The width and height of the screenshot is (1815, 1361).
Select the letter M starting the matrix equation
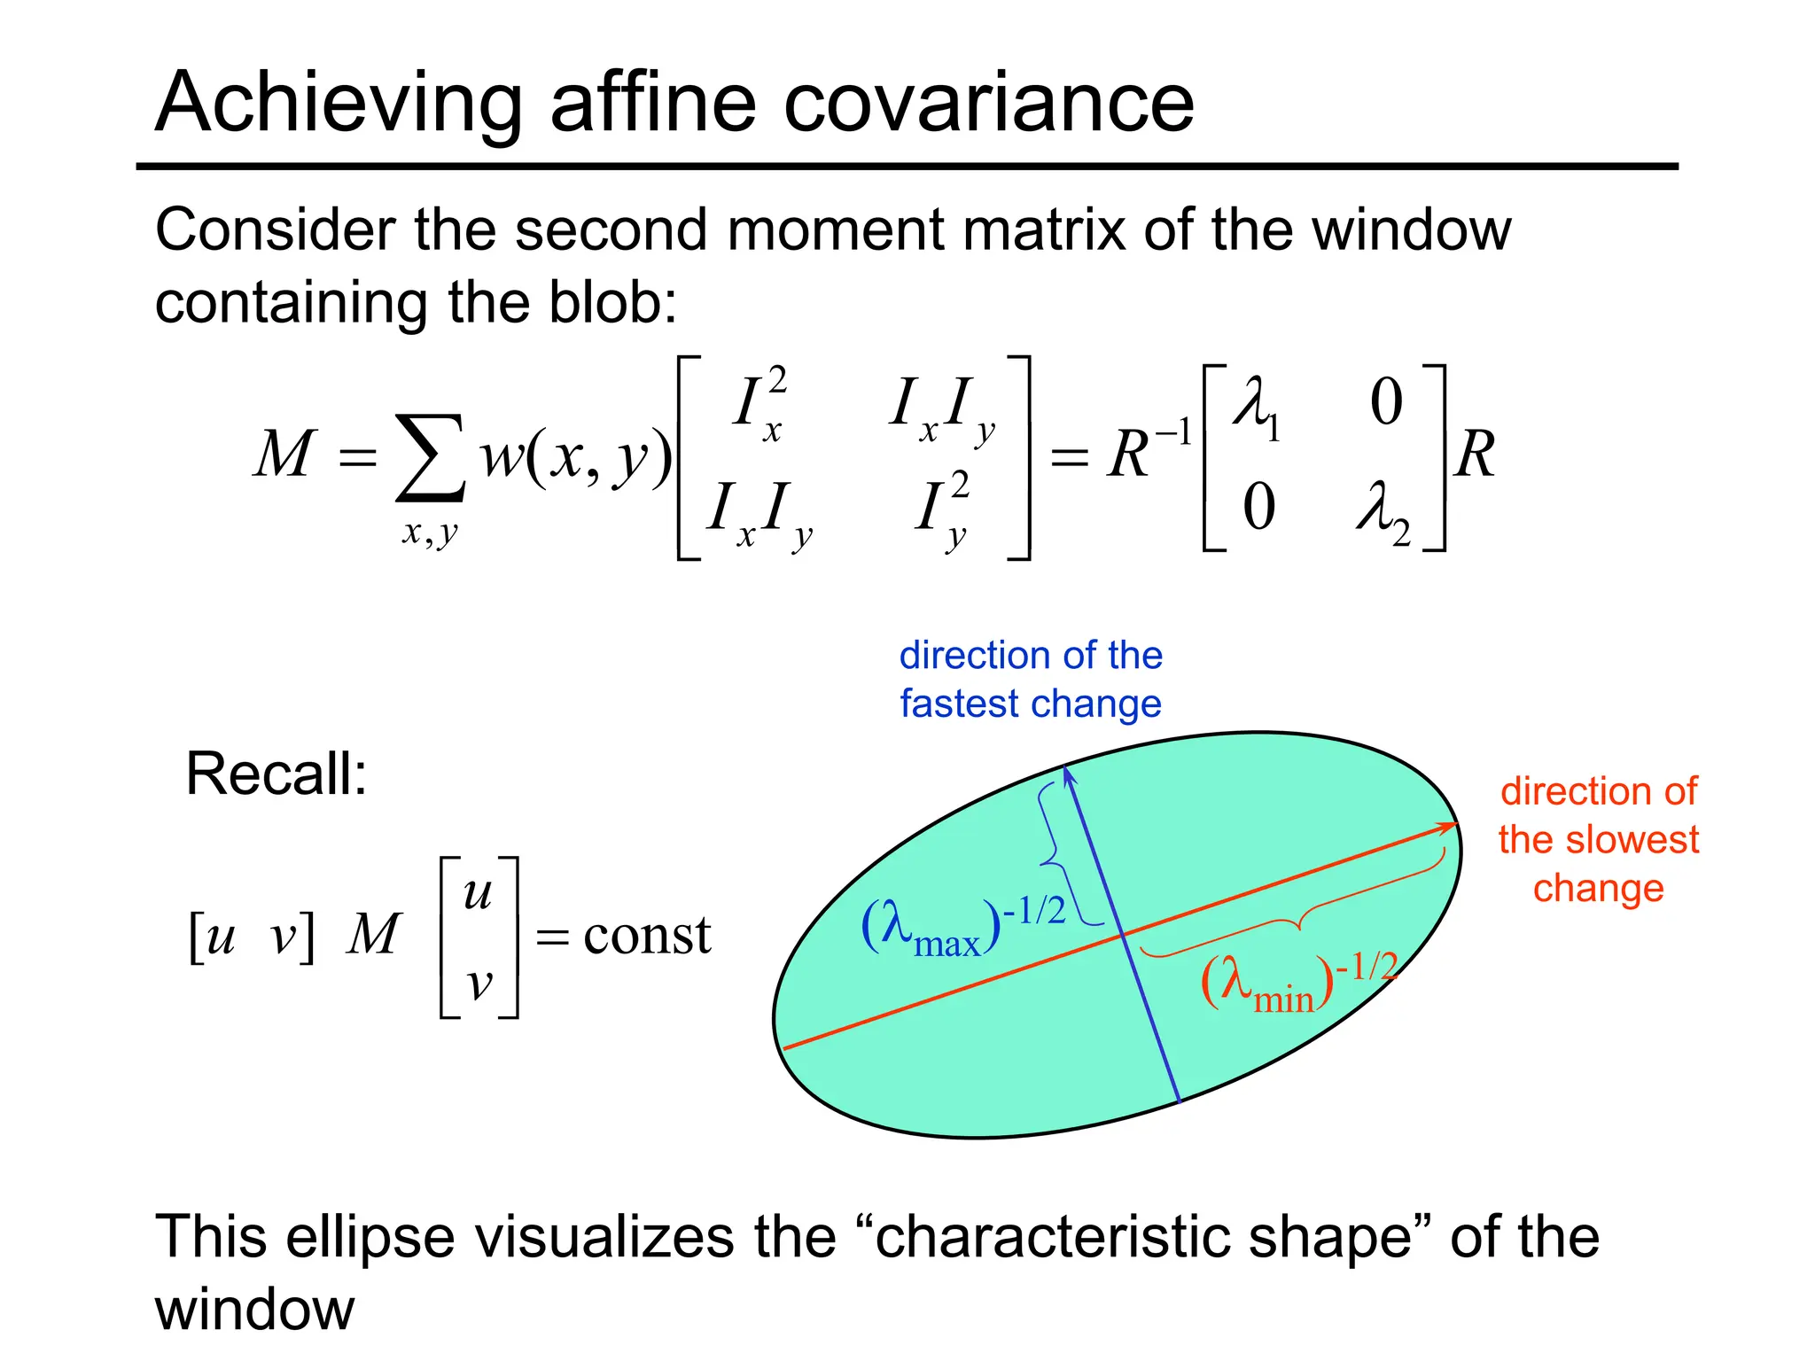(284, 455)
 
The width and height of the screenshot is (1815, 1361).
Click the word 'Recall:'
(276, 774)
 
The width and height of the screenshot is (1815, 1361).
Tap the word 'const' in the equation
(647, 936)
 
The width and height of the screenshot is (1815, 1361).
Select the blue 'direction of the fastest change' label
(1031, 680)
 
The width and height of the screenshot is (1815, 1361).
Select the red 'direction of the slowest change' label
(1599, 839)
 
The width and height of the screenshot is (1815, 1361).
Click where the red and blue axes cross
(1123, 934)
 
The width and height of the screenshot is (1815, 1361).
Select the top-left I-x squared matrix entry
(759, 403)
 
